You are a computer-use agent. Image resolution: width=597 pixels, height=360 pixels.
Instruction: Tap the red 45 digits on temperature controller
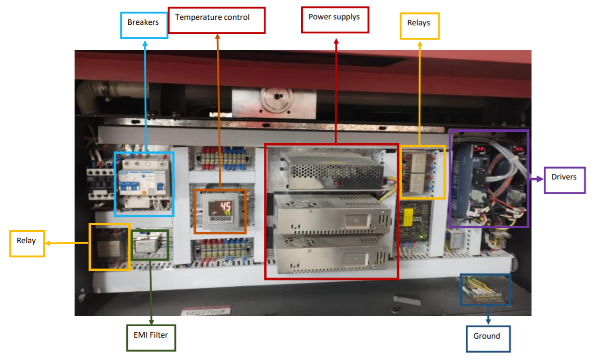[x=225, y=206]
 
